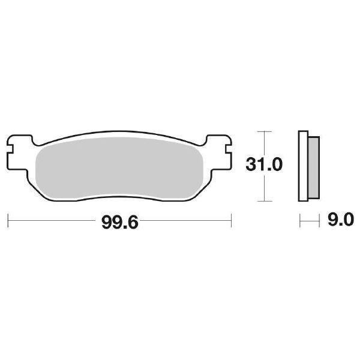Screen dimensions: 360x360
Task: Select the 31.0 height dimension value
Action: click(x=263, y=163)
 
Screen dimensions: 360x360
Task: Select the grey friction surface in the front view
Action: click(x=120, y=168)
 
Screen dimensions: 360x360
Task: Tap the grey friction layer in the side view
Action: click(x=314, y=168)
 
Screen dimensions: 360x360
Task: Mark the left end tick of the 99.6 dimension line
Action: click(x=8, y=220)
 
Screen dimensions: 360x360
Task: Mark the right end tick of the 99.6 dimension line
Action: click(x=231, y=220)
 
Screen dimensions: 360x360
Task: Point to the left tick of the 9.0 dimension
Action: click(x=300, y=221)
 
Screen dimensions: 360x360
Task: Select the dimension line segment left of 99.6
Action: click(x=54, y=220)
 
